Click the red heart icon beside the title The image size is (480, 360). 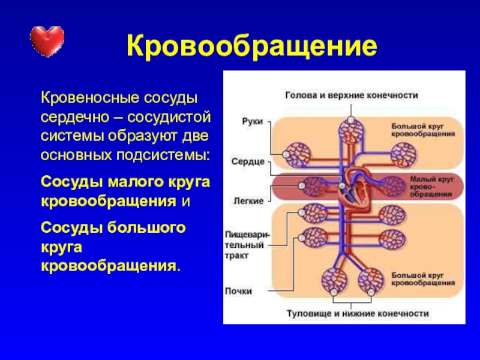[x=47, y=40]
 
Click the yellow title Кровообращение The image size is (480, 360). [x=252, y=45]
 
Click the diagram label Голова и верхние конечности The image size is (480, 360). [x=351, y=95]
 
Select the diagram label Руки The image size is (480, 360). [x=252, y=121]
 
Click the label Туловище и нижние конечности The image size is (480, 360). [x=357, y=313]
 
